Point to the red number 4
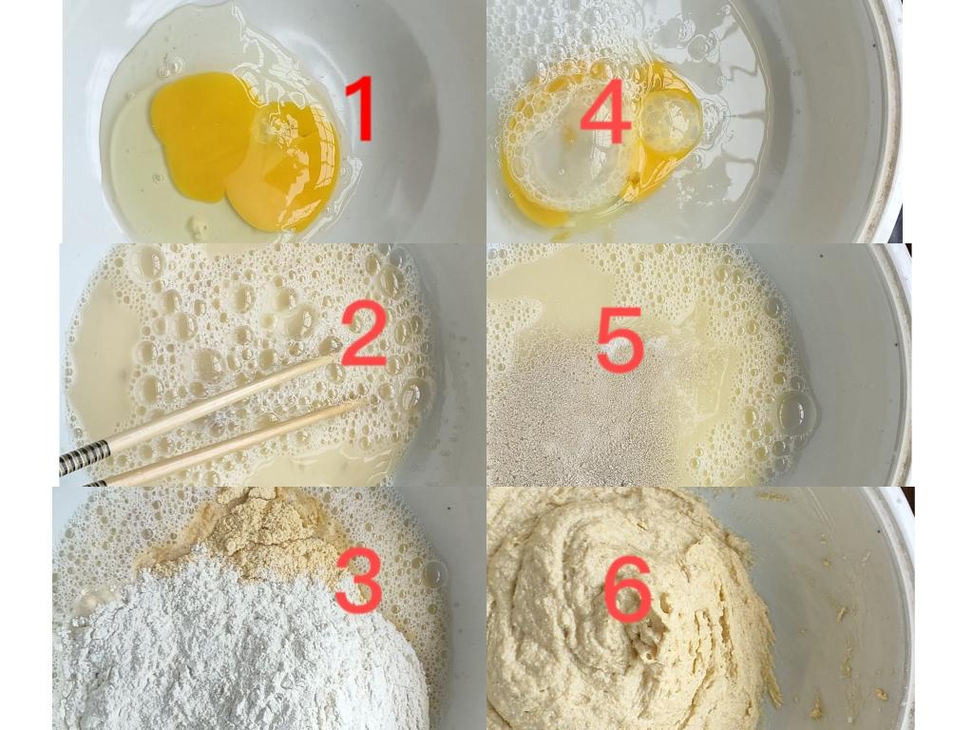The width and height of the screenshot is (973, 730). [605, 112]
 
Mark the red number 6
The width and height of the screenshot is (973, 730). [628, 588]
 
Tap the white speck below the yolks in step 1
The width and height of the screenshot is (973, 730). [198, 225]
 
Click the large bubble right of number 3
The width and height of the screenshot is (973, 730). [434, 573]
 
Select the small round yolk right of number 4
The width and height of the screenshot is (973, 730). [669, 124]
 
